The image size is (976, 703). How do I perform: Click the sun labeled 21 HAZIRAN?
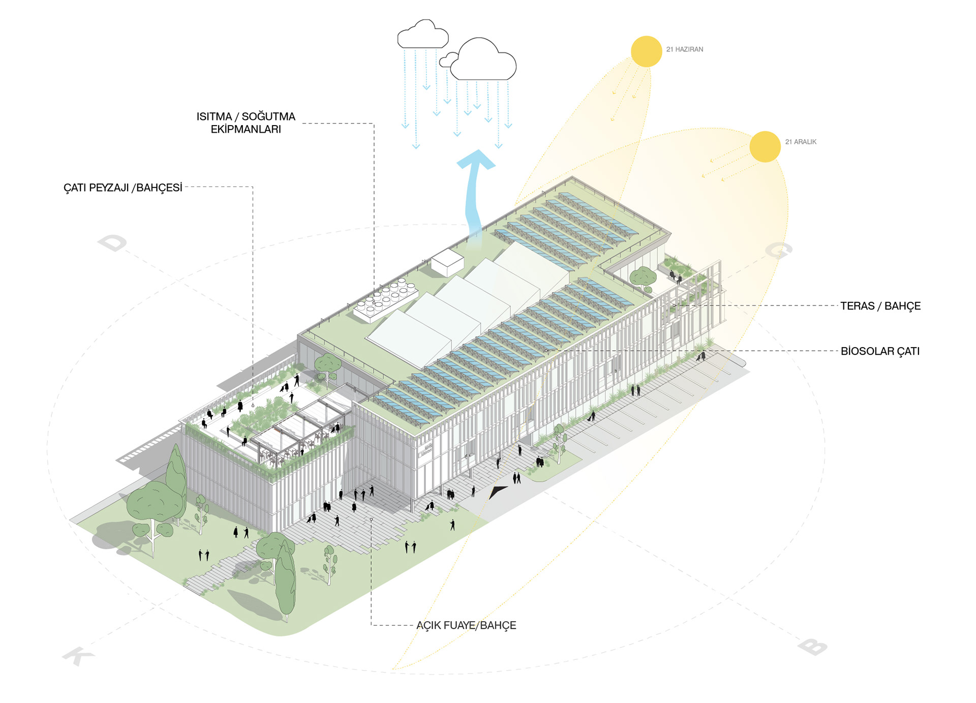pyautogui.click(x=646, y=51)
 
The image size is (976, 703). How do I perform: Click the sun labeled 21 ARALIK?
pyautogui.click(x=765, y=146)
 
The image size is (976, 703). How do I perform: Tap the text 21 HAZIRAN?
pyautogui.click(x=685, y=49)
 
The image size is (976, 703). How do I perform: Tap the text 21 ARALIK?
pyautogui.click(x=801, y=142)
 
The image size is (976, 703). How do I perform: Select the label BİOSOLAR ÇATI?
pyautogui.click(x=880, y=351)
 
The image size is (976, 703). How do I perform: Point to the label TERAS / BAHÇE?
pyautogui.click(x=880, y=306)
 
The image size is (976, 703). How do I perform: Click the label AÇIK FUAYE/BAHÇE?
pyautogui.click(x=466, y=625)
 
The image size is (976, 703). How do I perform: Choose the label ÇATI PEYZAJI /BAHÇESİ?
pyautogui.click(x=123, y=188)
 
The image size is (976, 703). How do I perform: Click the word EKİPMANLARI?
pyautogui.click(x=246, y=129)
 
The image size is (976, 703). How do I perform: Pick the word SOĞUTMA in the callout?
pyautogui.click(x=268, y=116)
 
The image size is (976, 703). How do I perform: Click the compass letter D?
pyautogui.click(x=112, y=243)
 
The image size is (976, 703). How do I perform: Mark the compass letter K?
pyautogui.click(x=78, y=656)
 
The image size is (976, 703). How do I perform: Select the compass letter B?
pyautogui.click(x=812, y=647)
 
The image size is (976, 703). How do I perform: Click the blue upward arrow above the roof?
pyautogui.click(x=475, y=198)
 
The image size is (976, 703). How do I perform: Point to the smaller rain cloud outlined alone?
pyautogui.click(x=423, y=34)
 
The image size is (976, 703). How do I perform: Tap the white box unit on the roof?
pyautogui.click(x=447, y=262)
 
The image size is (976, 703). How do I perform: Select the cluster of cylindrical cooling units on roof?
pyautogui.click(x=386, y=300)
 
